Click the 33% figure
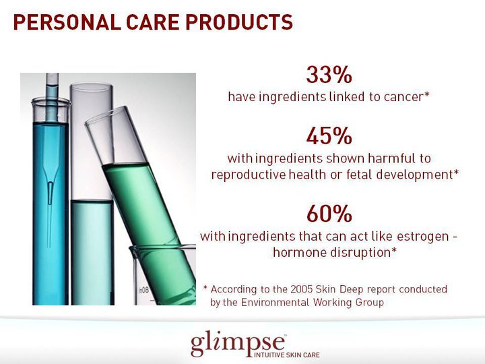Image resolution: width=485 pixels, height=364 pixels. (x=329, y=73)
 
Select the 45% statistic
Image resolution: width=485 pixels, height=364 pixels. (x=329, y=136)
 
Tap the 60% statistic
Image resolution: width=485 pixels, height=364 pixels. (x=329, y=214)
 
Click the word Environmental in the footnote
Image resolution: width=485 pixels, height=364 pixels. (x=274, y=303)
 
